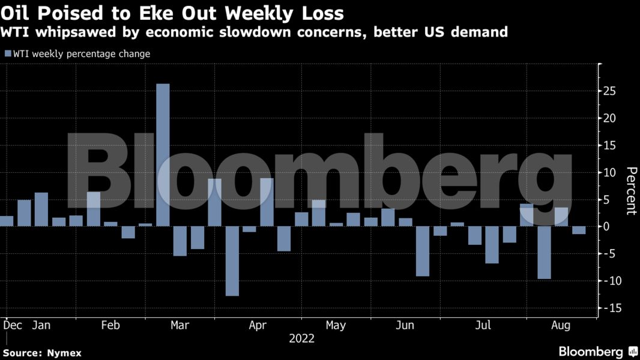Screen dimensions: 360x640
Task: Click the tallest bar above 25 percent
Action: pos(163,155)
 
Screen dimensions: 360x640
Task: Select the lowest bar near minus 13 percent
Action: pos(232,261)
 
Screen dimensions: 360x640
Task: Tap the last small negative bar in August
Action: pos(579,230)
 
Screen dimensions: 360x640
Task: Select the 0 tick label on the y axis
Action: pos(608,227)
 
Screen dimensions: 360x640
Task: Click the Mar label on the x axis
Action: pos(180,325)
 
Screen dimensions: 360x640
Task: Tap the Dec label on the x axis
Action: pos(13,325)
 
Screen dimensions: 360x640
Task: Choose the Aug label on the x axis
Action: pos(561,325)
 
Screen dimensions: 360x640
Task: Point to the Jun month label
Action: pos(405,325)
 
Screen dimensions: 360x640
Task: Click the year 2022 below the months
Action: pos(301,338)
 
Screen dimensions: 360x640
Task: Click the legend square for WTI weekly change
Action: pos(8,54)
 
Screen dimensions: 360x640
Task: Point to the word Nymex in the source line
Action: pos(65,353)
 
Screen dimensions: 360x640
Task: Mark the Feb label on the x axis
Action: pos(110,325)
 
